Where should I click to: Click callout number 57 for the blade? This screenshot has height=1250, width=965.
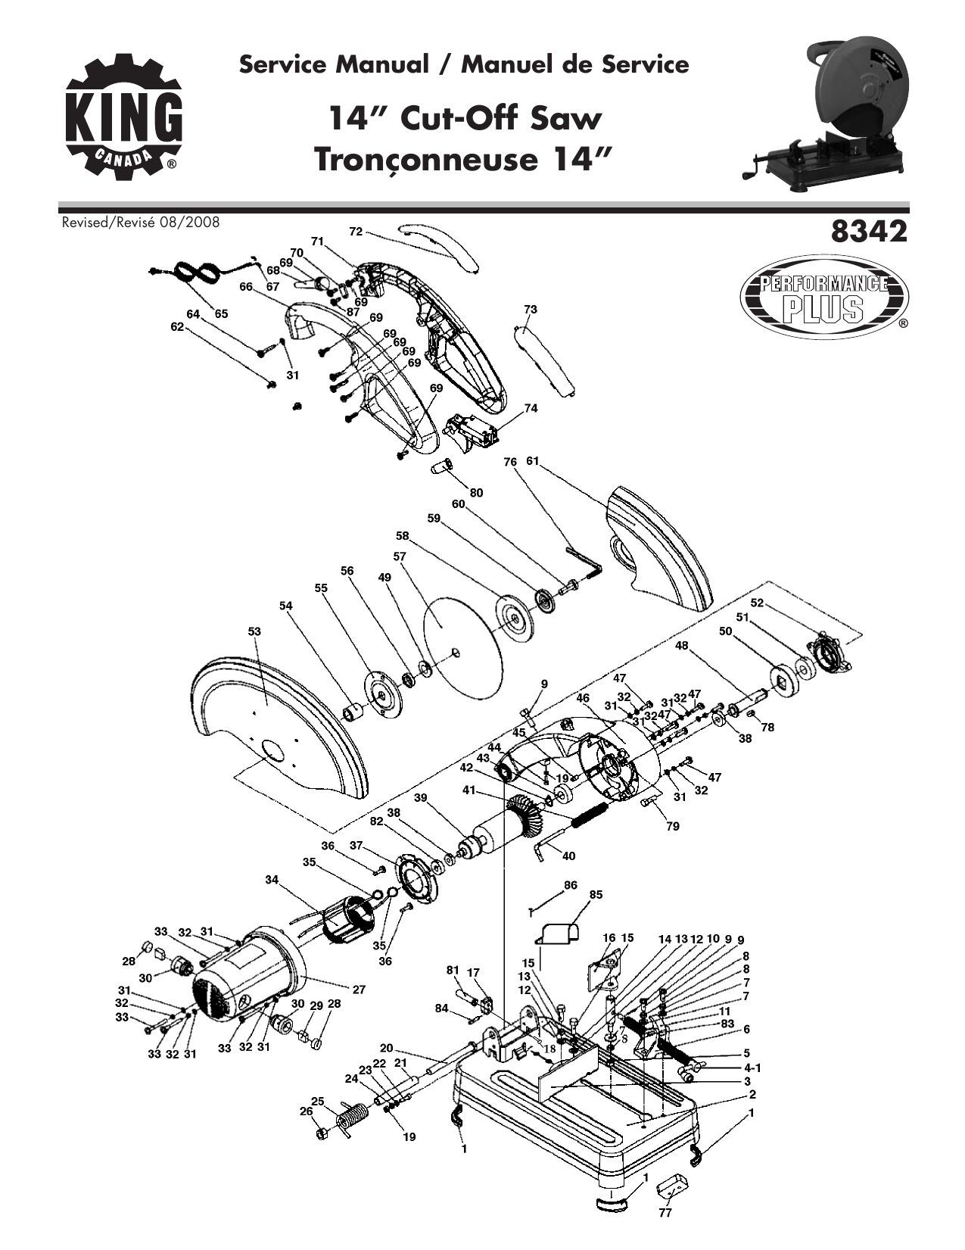(x=400, y=556)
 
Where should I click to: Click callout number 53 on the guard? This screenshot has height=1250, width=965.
(x=254, y=631)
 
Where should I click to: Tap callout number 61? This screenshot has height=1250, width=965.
(x=532, y=461)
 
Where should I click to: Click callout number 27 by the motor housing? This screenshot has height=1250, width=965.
(x=359, y=989)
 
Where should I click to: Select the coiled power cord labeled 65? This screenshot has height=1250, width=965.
(x=195, y=273)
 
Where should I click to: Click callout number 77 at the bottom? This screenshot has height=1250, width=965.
(x=665, y=1212)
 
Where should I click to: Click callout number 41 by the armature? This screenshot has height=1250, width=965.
(x=469, y=790)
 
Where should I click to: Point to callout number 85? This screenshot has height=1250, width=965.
(x=596, y=894)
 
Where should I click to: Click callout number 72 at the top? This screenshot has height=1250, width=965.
(x=356, y=230)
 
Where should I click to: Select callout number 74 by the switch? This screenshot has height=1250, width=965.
(x=531, y=408)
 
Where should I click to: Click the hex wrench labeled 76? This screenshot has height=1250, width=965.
(x=583, y=559)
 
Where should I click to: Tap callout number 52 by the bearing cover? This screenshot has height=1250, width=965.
(x=757, y=603)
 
